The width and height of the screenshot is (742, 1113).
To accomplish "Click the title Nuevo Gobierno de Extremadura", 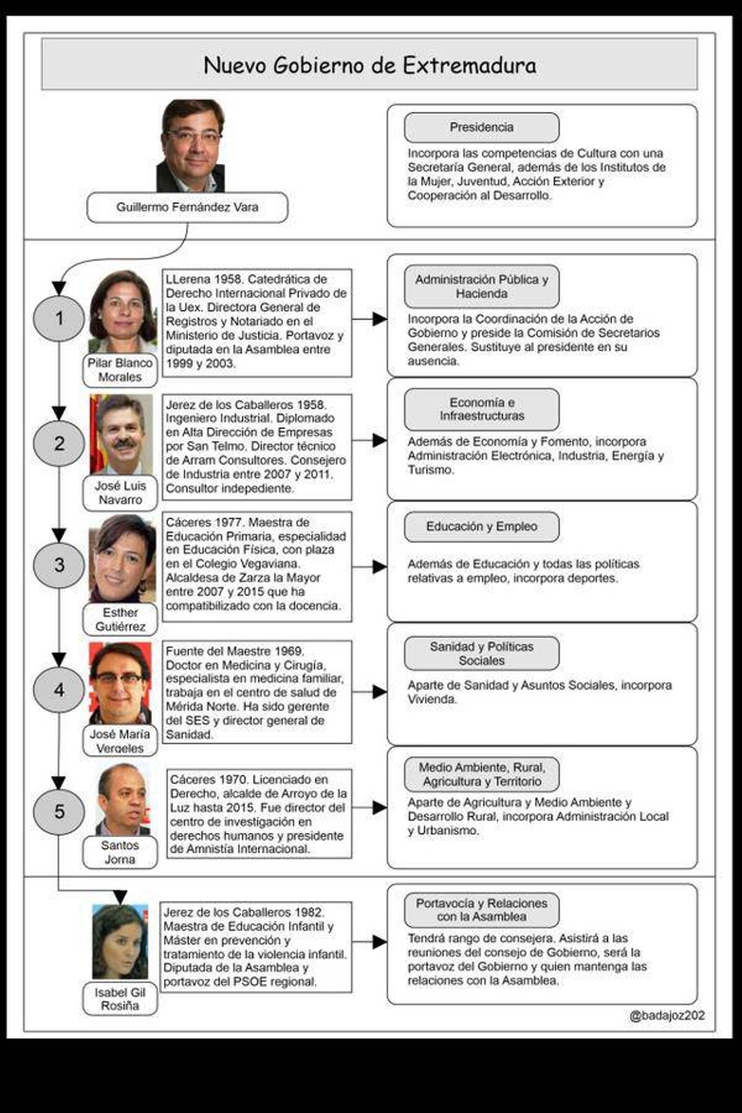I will pos(370,65).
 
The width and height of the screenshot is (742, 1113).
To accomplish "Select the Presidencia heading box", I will pos(481,127).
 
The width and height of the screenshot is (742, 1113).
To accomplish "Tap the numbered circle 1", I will pos(59,318).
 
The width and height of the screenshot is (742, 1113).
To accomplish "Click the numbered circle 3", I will pos(59,565).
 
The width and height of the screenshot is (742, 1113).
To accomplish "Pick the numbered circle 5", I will pos(59,811).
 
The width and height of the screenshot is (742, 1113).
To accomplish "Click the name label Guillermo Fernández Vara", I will pos(187,207).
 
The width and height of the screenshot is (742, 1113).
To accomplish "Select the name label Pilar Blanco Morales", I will pos(120,370).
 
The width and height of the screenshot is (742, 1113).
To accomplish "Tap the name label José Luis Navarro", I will pos(120,493).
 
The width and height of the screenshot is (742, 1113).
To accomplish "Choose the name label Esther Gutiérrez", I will pos(120,619).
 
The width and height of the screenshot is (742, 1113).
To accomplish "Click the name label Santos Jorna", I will pos(120,852).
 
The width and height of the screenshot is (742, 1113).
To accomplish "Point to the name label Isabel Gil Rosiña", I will pos(120,999).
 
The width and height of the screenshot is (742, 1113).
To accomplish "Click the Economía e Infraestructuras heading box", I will pos(481,409).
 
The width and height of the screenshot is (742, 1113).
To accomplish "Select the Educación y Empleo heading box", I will pos(481,527).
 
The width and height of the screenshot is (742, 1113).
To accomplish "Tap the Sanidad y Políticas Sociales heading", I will pos(481,654).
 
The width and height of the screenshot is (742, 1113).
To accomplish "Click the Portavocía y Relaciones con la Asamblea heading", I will pos(481,910).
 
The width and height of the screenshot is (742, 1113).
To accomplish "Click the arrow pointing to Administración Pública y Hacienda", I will pos(371,319).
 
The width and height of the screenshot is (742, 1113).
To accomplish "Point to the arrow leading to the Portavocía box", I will pos(371,942).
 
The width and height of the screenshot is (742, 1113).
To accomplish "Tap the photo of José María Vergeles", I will pos(120,683).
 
